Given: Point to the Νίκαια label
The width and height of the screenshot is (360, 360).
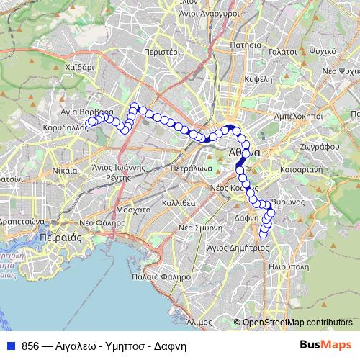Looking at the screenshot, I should (x=66, y=171).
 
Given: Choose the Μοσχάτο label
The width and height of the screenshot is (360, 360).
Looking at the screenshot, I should (x=132, y=211).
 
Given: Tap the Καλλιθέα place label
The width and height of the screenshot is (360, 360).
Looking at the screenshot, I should (x=179, y=203).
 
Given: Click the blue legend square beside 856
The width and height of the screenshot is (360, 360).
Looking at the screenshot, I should (x=11, y=346).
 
